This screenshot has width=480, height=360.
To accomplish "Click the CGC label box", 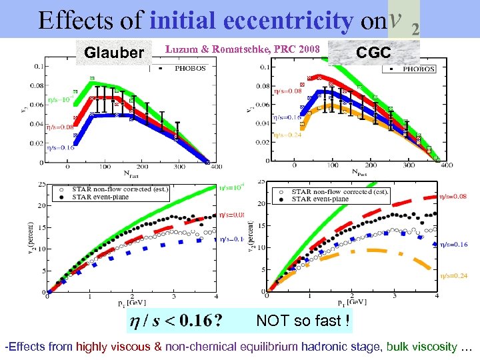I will click(x=374, y=53).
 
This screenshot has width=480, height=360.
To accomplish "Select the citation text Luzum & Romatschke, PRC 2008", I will click(x=243, y=49).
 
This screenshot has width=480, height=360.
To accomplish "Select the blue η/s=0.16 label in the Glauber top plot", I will click(x=61, y=148).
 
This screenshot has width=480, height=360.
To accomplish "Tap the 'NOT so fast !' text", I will click(x=303, y=321).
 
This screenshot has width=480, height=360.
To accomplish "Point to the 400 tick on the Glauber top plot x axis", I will click(x=209, y=167).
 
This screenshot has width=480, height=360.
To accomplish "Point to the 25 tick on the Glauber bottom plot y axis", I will click(x=41, y=184).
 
